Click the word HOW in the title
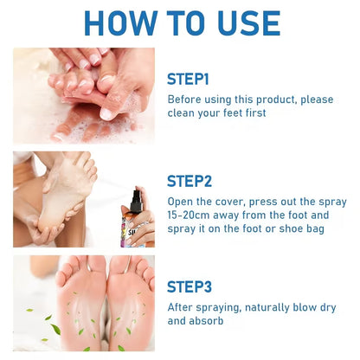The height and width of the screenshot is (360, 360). (x=120, y=23)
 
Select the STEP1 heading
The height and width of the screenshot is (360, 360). (x=188, y=79)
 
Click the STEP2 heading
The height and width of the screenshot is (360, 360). (x=189, y=181)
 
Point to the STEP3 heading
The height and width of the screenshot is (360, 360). (x=189, y=286)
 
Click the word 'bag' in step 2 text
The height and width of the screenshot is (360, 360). (x=325, y=228)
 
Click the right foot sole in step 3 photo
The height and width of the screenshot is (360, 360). (x=130, y=303)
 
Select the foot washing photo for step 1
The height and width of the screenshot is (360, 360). (x=84, y=95)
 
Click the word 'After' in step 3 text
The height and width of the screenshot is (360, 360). (x=182, y=306)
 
